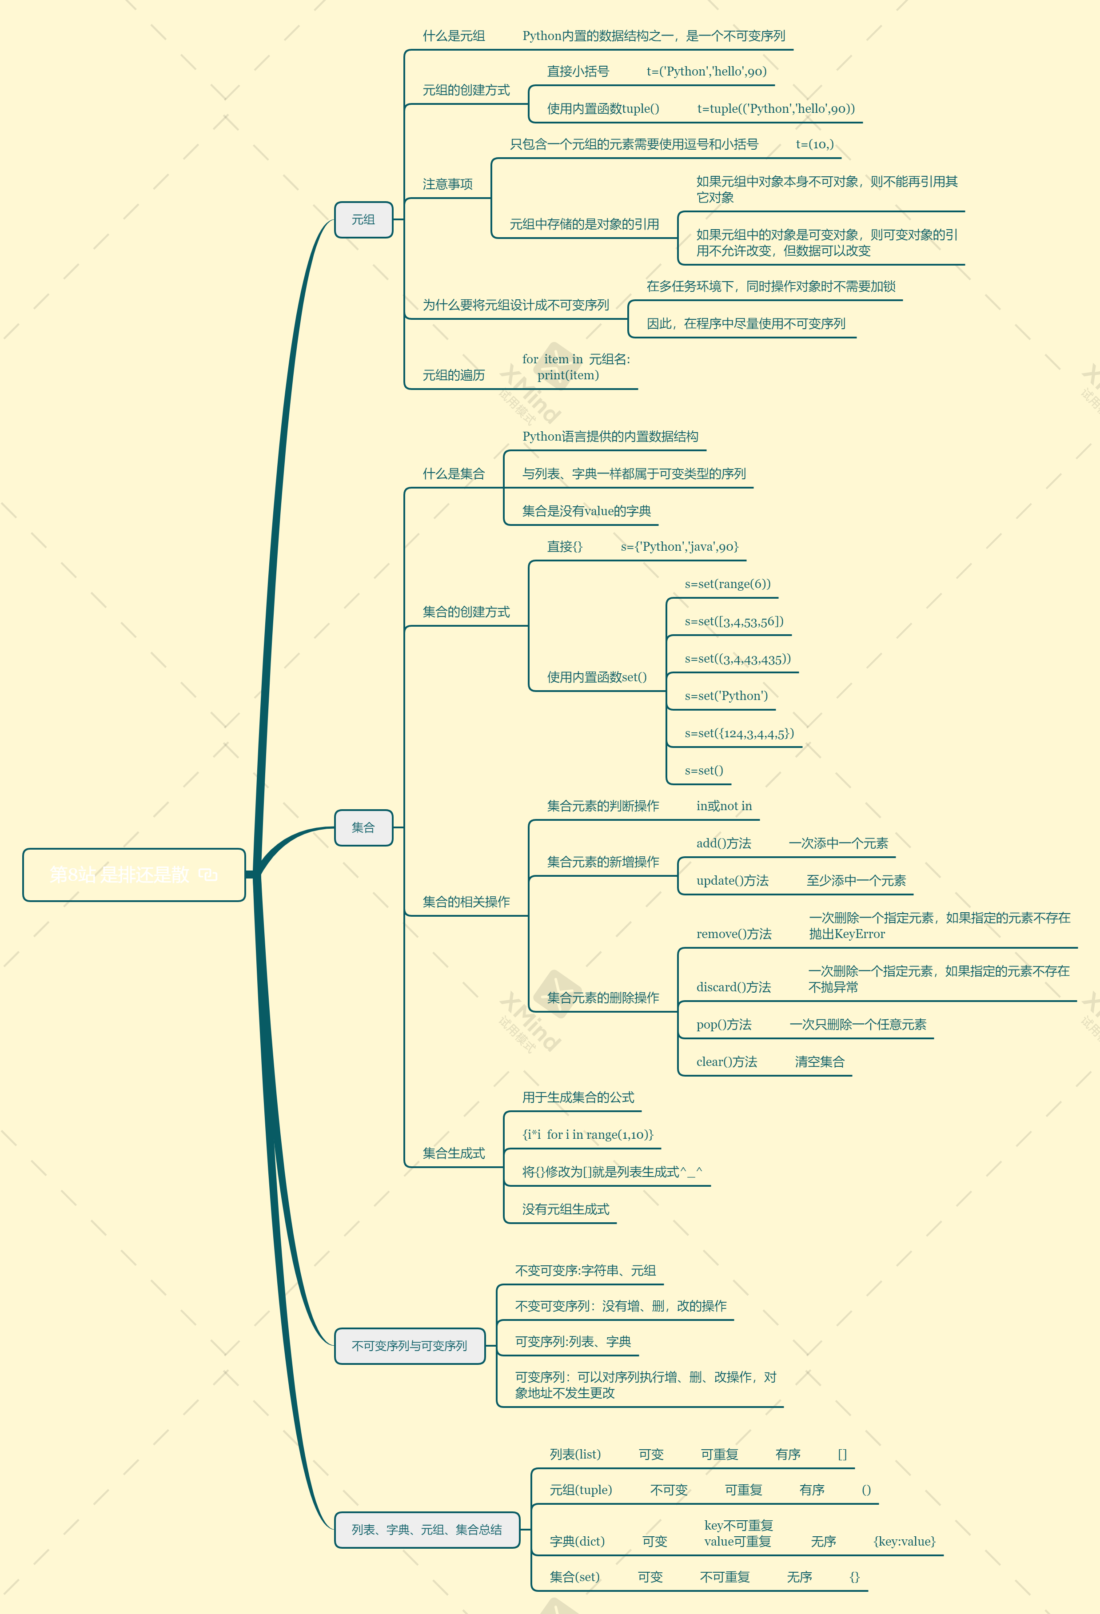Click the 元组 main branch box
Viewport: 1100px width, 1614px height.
point(363,219)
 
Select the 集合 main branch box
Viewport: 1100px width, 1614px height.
point(363,827)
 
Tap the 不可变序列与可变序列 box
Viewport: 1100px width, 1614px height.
point(409,1345)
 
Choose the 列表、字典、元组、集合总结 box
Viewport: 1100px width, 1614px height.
point(426,1529)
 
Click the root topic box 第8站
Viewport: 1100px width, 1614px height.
point(133,875)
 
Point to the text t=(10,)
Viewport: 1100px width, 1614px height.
point(814,144)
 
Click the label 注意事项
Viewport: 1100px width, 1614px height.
point(447,184)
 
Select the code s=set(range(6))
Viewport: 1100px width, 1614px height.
point(728,584)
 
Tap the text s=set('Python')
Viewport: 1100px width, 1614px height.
point(726,696)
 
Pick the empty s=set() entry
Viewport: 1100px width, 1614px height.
point(704,770)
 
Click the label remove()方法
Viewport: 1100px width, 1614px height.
point(734,934)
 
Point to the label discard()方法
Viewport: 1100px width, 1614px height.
point(734,987)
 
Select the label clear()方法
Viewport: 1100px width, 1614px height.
point(727,1062)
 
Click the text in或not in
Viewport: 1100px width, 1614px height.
point(724,806)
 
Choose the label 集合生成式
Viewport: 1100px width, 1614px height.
point(454,1153)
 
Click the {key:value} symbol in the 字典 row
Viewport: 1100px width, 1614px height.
point(904,1541)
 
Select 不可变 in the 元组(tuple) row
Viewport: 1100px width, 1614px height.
point(669,1490)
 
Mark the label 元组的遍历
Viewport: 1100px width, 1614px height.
point(454,375)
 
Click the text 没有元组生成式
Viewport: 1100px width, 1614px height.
point(566,1209)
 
